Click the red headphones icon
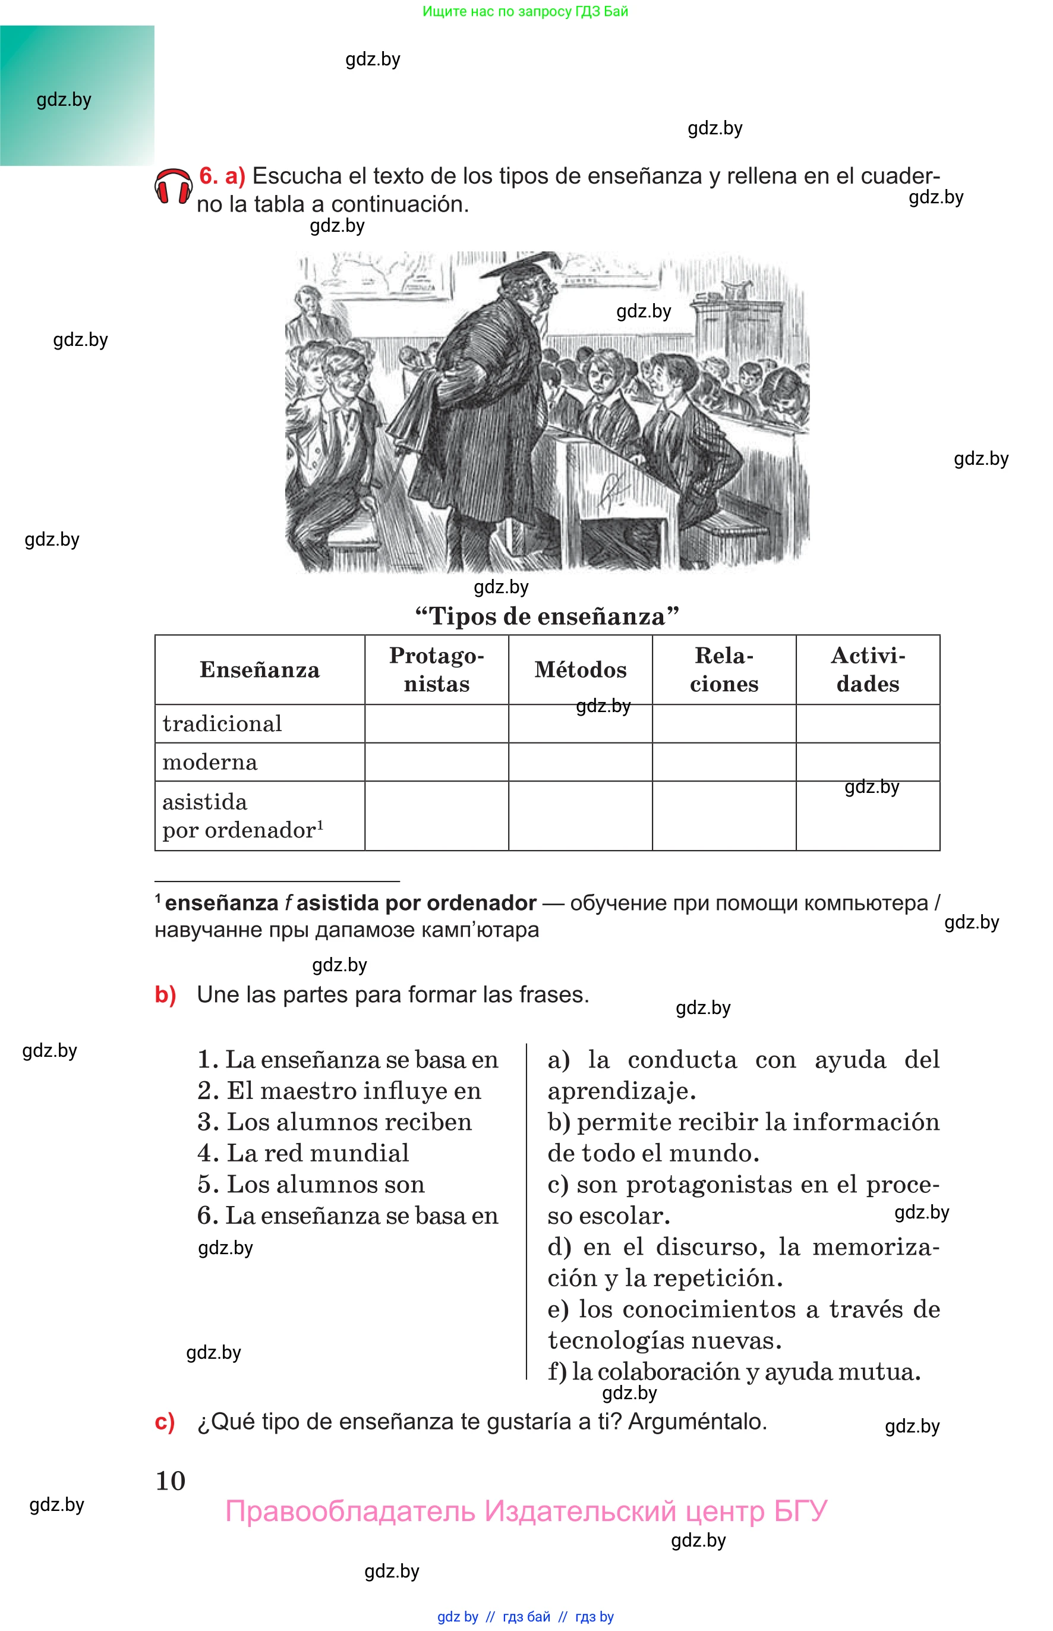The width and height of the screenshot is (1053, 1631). coord(173,187)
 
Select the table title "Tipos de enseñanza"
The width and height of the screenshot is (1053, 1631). coord(547,616)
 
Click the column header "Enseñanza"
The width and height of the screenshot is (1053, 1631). coord(259,669)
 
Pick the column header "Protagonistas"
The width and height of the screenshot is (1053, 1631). coord(436,669)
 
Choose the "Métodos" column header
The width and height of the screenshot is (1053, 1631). coord(580,669)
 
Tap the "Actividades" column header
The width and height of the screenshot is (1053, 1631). coord(867,669)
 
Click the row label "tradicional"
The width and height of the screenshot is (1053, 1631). coord(222,723)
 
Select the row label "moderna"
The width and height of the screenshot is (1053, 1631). coord(210,762)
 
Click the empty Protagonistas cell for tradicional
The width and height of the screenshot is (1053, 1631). coord(436,723)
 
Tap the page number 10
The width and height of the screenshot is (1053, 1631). coord(171,1481)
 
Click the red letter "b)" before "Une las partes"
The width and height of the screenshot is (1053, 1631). coord(165,994)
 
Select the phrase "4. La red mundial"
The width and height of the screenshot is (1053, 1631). coord(304,1153)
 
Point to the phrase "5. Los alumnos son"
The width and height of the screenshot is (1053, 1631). coord(311,1185)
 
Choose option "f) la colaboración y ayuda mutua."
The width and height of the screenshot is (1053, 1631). coord(734,1372)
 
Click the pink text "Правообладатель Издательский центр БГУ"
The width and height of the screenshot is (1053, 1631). coord(526,1512)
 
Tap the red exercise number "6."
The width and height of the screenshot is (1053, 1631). coord(209,176)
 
